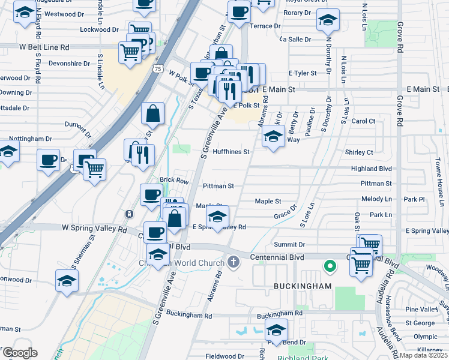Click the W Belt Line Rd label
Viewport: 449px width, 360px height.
click(44, 47)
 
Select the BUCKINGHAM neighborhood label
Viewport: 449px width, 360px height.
click(303, 287)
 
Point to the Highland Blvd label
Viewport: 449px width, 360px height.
click(372, 169)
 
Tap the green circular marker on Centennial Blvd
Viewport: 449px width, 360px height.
click(329, 265)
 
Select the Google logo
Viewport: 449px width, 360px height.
click(19, 353)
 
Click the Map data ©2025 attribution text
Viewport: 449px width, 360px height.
click(424, 355)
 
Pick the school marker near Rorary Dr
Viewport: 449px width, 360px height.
click(327, 21)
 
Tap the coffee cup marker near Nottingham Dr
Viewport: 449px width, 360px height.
click(48, 160)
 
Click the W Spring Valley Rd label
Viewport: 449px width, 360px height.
click(94, 229)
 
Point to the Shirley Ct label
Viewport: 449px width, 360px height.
click(359, 152)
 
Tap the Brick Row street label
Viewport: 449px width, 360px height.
click(174, 181)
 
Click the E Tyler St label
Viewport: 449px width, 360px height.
click(302, 73)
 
